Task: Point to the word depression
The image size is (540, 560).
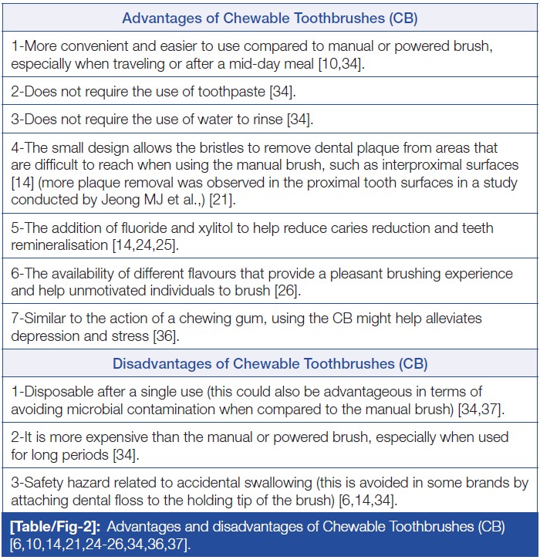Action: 46,336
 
